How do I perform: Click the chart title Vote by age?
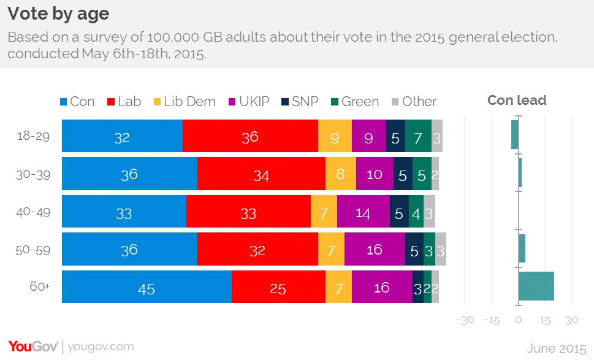59,13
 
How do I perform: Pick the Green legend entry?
354,102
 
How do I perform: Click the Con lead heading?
516,101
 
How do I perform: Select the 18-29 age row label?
33,137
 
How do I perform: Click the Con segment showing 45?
147,288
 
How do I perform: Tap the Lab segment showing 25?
278,288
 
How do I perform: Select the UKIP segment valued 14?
363,213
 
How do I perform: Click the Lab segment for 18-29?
250,137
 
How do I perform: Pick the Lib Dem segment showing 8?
340,175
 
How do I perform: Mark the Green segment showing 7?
418,137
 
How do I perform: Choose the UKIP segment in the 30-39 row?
374,175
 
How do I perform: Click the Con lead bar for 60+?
536,286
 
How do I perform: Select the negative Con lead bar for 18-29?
515,135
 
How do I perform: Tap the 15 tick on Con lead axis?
544,321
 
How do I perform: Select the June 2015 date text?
557,348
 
